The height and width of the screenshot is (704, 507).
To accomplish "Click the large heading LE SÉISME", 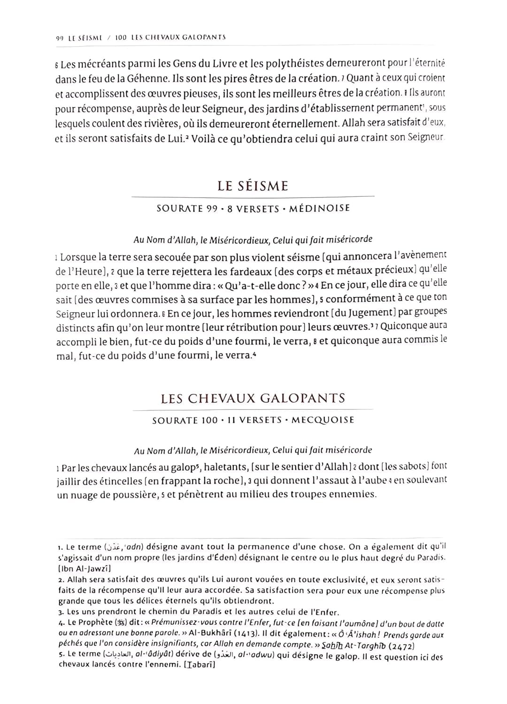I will pyautogui.click(x=253, y=186).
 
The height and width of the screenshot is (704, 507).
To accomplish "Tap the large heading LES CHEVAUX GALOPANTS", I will pyautogui.click(x=253, y=398).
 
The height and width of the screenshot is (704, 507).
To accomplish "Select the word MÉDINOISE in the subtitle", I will pyautogui.click(x=319, y=208).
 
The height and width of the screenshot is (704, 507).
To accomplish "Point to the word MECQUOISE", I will pyautogui.click(x=323, y=420).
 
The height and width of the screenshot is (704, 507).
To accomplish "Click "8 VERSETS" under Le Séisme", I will pyautogui.click(x=253, y=208).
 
